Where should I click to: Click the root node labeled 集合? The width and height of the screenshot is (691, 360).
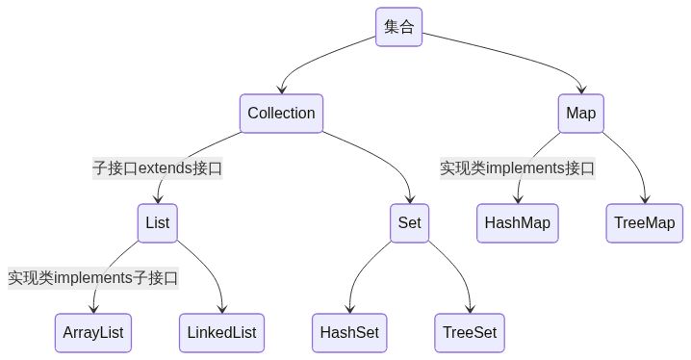click(398, 27)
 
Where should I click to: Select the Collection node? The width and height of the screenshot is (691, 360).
click(281, 114)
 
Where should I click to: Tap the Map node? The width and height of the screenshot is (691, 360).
click(580, 114)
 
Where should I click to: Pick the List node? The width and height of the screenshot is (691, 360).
click(157, 223)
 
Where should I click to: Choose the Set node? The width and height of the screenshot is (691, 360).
click(409, 223)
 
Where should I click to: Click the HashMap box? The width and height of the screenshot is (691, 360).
click(518, 223)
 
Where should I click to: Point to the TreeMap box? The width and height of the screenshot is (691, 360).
click(644, 223)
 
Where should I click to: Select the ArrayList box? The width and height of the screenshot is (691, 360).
click(93, 333)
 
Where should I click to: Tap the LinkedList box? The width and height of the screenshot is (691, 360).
click(221, 333)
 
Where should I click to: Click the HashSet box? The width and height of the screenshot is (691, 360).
click(349, 333)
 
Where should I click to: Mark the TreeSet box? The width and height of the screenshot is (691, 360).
click(470, 333)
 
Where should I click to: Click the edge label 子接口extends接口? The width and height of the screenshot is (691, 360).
click(157, 168)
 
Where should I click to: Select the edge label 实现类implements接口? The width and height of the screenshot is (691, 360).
click(518, 168)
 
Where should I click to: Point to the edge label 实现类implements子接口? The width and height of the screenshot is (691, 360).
click(93, 278)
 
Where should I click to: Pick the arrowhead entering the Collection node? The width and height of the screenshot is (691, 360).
click(281, 90)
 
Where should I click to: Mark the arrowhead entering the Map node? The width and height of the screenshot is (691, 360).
click(580, 90)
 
